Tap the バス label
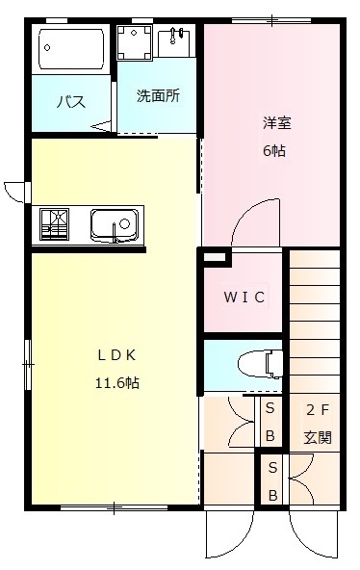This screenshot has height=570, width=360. coord(70,101)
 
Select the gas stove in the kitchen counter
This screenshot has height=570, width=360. coord(56,224)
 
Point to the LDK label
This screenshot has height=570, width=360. coord(115,354)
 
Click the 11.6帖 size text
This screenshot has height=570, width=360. coord(116,382)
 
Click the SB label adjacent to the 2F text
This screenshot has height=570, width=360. coord(270,422)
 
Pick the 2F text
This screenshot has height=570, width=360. coord(318,408)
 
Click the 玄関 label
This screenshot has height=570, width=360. coord(318,436)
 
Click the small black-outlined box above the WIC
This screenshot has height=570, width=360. coord(214,257)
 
